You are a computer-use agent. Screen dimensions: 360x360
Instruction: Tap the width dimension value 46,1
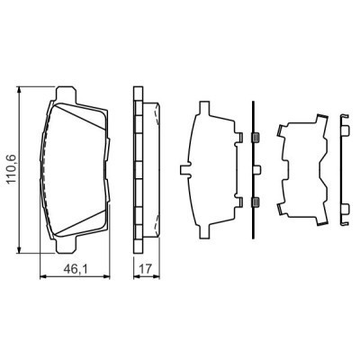(74, 265)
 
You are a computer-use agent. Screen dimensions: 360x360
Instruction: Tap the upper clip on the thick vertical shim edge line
(256, 137)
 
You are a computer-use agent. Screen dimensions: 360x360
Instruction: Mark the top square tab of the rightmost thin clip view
(345, 134)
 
